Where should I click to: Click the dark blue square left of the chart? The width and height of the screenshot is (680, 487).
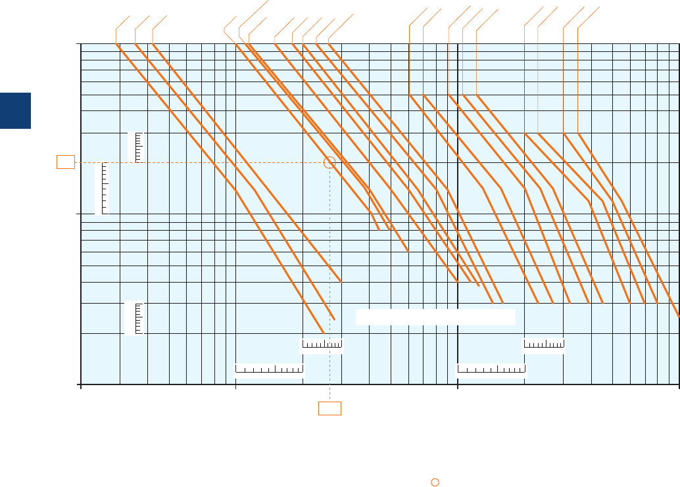[x=15, y=110]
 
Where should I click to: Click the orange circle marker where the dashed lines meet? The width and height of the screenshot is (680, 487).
[x=330, y=162]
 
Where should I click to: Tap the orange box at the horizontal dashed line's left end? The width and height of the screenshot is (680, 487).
[x=65, y=162]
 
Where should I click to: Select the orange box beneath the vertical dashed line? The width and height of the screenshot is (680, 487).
[x=329, y=408]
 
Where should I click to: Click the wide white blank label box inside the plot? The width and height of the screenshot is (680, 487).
[x=435, y=317]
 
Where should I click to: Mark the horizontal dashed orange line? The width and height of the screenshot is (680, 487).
[x=197, y=162]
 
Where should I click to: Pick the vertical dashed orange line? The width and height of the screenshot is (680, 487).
[x=329, y=263]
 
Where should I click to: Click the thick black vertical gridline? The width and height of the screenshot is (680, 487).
[x=457, y=197]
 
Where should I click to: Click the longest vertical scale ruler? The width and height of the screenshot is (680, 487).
[x=101, y=188]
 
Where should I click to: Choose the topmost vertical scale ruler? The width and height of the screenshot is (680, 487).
[x=136, y=147]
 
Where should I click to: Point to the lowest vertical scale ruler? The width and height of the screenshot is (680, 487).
[x=134, y=318]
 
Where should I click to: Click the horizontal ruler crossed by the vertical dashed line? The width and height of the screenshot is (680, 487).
[x=322, y=344]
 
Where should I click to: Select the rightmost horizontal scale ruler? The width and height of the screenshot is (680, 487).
[x=544, y=344]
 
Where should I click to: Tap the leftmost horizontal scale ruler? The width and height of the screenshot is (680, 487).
[x=269, y=369]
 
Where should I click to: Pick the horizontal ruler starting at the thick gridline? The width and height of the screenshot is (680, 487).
[x=491, y=369]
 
